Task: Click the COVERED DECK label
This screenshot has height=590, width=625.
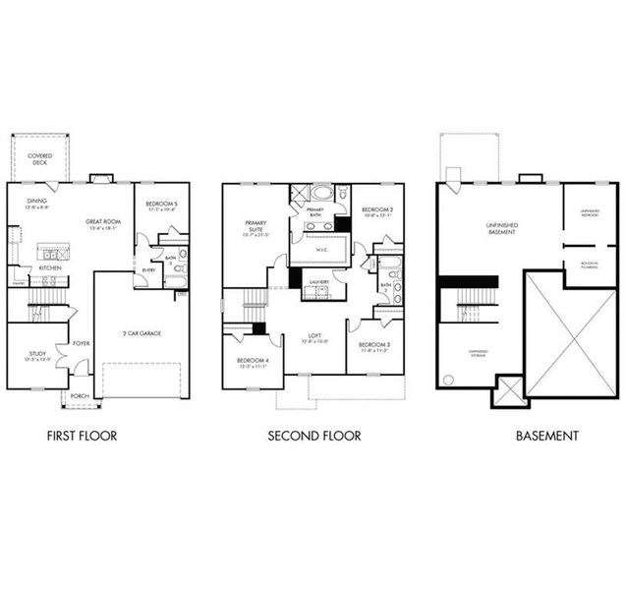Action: point(40,158)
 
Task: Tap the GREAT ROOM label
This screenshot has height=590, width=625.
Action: point(101,223)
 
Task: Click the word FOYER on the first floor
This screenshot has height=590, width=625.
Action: point(82,344)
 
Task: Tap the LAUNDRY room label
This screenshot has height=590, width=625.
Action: point(317,282)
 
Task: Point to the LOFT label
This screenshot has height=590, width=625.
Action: point(314,336)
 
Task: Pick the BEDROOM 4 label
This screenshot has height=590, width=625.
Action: point(253,360)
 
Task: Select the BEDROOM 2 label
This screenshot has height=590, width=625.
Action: point(376,209)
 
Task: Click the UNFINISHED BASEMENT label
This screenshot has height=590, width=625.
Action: point(501,228)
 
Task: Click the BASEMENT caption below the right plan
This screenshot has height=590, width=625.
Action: point(546,435)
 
